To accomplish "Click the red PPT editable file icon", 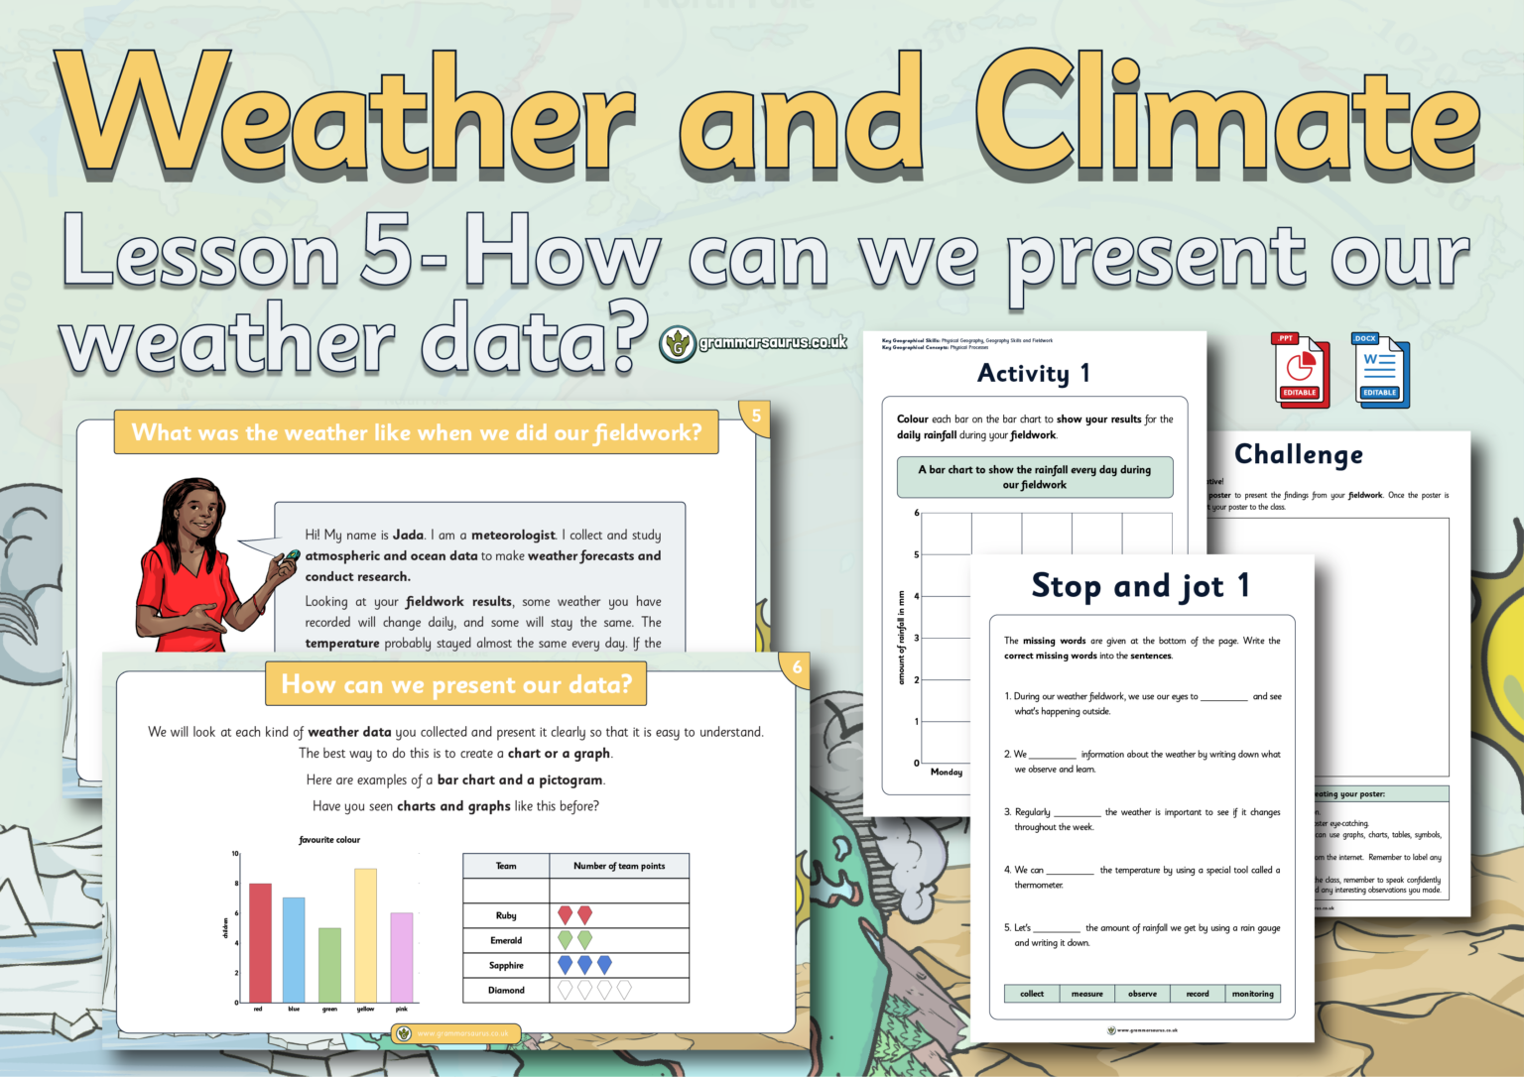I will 1300,370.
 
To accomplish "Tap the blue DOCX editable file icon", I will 1380,370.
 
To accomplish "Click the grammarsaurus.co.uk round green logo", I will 678,344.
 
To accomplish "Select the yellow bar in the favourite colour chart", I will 365,934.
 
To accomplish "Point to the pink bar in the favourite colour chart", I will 401,956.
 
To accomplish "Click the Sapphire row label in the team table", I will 506,965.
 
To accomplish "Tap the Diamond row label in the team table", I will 506,990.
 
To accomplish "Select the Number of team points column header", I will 619,866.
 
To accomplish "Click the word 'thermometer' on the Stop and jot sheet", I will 1038,885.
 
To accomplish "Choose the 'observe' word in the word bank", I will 1142,994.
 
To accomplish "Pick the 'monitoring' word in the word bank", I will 1252,994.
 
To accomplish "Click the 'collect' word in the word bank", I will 1032,994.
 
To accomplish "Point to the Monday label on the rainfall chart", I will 947,772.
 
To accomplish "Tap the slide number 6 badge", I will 797,667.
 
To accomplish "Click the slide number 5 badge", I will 756,417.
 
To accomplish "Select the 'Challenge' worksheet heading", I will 1298,454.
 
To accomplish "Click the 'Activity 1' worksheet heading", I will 1034,373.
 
